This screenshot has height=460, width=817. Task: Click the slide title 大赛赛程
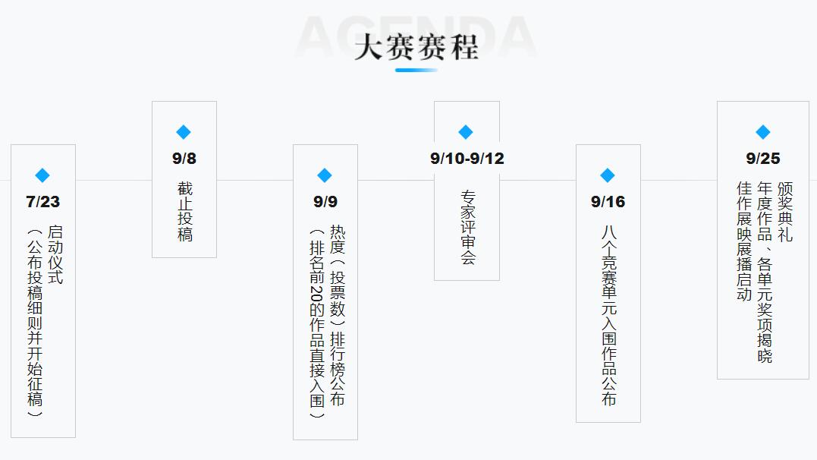coord(416,47)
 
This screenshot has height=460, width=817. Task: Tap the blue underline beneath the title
coord(416,70)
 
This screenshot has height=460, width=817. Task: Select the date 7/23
coord(42,202)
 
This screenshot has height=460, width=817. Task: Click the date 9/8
coord(184,159)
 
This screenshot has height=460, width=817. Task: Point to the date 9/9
coord(325,202)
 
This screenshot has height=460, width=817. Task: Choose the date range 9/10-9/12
coord(467,159)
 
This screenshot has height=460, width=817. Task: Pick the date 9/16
coord(608,202)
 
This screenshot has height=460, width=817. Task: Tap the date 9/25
coord(763,159)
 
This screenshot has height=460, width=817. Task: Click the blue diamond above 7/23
coord(42,175)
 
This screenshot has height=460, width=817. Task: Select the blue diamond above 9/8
coord(184,132)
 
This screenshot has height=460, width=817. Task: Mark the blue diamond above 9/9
coord(325,175)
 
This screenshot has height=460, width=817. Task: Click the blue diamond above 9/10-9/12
coord(466,132)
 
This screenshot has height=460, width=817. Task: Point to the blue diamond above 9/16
coord(608,175)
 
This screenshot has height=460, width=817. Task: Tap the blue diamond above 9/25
coord(763,132)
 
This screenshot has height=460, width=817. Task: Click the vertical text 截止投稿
coord(185,211)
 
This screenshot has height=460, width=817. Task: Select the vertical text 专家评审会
coord(468,228)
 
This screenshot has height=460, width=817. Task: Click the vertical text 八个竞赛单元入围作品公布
coord(609,316)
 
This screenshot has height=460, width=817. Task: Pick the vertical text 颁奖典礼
coord(785,212)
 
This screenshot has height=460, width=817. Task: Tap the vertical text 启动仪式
coord(55,254)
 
